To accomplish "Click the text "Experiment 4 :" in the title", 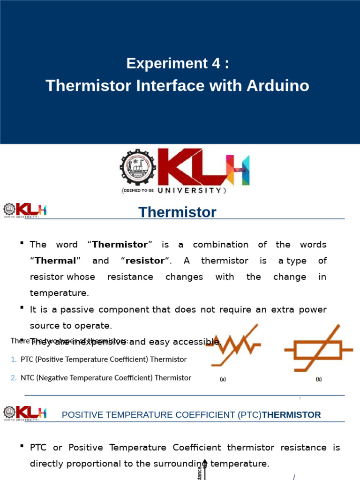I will pyautogui.click(x=178, y=64).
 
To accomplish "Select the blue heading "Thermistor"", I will pyautogui.click(x=178, y=212).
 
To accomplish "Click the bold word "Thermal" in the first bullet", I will pyautogui.click(x=55, y=261).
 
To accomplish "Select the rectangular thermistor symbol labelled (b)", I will pyautogui.click(x=319, y=349).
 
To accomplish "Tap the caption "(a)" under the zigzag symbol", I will pyautogui.click(x=223, y=380).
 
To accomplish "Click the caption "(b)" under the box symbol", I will pyautogui.click(x=319, y=380).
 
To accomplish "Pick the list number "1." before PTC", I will pyautogui.click(x=14, y=360).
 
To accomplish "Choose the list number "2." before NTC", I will pyautogui.click(x=14, y=378).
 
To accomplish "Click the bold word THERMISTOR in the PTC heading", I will pyautogui.click(x=292, y=415).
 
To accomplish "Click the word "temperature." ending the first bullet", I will pyautogui.click(x=59, y=293).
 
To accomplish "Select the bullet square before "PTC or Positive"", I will pyautogui.click(x=22, y=446).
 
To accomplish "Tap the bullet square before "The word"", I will pyautogui.click(x=22, y=243).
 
